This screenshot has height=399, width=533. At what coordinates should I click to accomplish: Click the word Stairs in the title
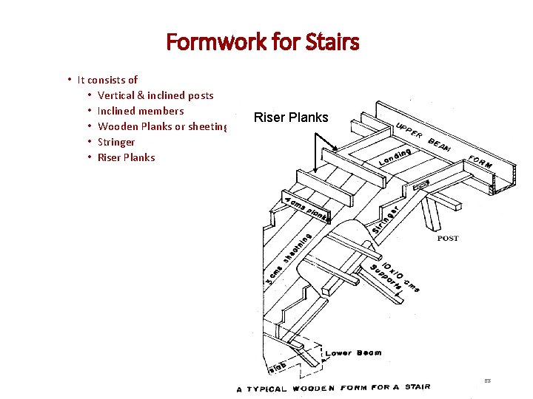tap(330, 42)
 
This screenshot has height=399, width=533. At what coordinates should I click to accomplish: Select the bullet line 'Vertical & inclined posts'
tap(155, 95)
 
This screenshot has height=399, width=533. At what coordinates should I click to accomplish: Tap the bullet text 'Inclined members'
tap(141, 111)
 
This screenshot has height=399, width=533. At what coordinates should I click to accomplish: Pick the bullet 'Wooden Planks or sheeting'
tap(162, 126)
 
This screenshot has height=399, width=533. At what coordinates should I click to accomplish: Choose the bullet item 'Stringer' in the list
tap(116, 142)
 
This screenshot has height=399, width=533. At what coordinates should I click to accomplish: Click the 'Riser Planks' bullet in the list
tap(127, 157)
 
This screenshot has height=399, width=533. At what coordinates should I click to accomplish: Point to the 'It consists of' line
tap(107, 80)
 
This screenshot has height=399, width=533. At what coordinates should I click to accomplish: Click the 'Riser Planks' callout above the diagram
tap(291, 117)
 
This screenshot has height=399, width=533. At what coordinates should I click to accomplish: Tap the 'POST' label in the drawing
tap(448, 239)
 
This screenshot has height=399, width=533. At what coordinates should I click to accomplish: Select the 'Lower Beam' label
tap(353, 353)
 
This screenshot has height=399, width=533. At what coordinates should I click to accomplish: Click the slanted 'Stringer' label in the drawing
tap(386, 219)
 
